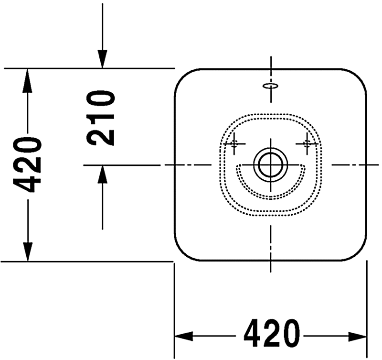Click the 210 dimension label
click(101, 118)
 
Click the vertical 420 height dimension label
click(28, 164)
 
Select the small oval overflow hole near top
click(271, 86)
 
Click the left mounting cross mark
click(234, 144)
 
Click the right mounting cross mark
click(307, 144)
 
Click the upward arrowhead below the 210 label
click(102, 174)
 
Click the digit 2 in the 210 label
click(101, 136)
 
